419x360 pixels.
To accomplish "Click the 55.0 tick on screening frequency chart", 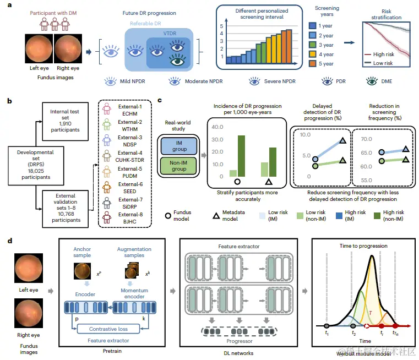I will (x=367, y=181).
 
